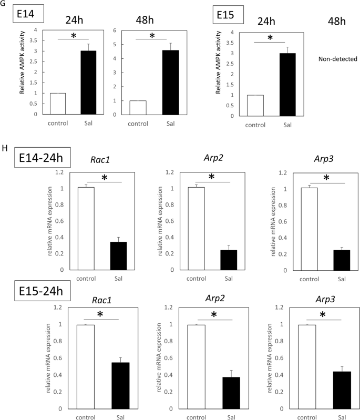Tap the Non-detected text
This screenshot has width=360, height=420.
click(335, 59)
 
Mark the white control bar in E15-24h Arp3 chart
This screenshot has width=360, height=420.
click(308, 366)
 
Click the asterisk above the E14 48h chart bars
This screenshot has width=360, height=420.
click(152, 36)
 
